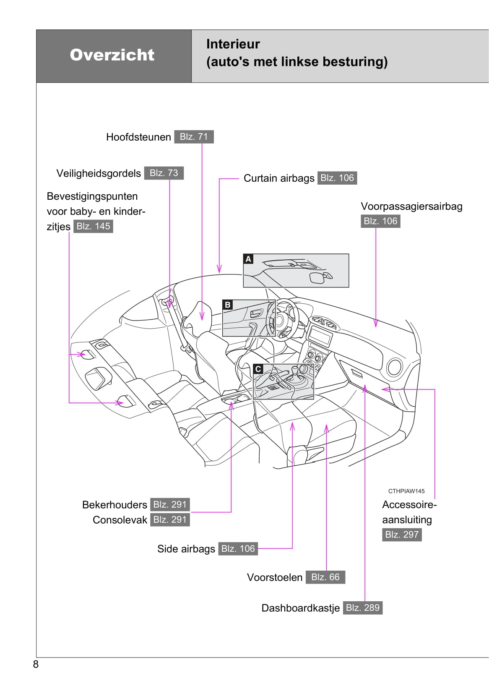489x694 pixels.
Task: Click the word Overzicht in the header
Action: click(x=112, y=55)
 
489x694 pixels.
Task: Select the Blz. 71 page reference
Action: click(x=194, y=137)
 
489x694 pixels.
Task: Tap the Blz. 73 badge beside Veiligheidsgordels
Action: click(x=164, y=173)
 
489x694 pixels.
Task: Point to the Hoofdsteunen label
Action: click(x=138, y=137)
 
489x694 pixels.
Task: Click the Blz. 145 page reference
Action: click(x=93, y=226)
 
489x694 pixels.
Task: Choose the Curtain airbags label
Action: click(x=279, y=178)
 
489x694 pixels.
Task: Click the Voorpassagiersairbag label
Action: click(x=411, y=206)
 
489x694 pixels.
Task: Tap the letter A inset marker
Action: click(x=248, y=259)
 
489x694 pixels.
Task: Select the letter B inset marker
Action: click(x=228, y=305)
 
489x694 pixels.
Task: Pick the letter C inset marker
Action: click(x=258, y=369)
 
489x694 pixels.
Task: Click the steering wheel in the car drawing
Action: click(x=286, y=319)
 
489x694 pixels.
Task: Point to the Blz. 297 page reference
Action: click(x=402, y=535)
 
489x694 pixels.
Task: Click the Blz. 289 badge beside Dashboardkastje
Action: click(x=363, y=608)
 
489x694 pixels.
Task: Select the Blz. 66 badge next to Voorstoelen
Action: click(x=325, y=577)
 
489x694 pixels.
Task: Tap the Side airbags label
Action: click(x=186, y=549)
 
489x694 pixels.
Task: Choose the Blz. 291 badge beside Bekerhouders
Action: click(x=170, y=505)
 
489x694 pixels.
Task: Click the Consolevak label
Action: click(x=120, y=520)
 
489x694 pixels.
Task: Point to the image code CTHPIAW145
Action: click(x=406, y=491)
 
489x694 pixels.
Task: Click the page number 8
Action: click(x=36, y=664)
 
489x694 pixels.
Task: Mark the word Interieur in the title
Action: click(x=233, y=44)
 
